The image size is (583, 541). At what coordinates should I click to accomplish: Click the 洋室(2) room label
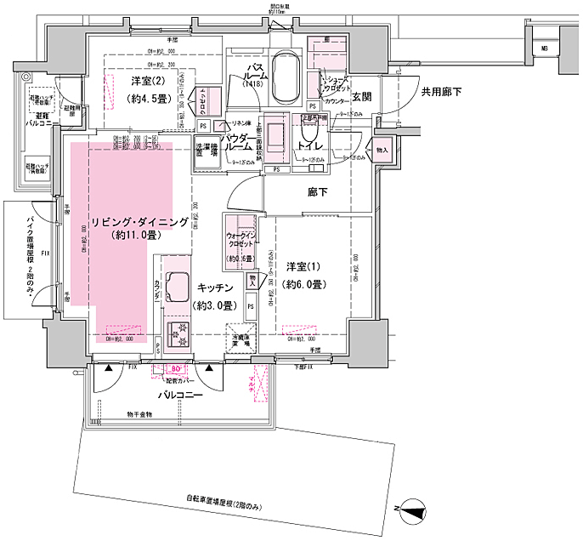(x=147, y=82)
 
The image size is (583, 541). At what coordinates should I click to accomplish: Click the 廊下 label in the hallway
(x=318, y=193)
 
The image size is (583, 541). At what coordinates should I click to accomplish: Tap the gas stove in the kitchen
(x=180, y=335)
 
